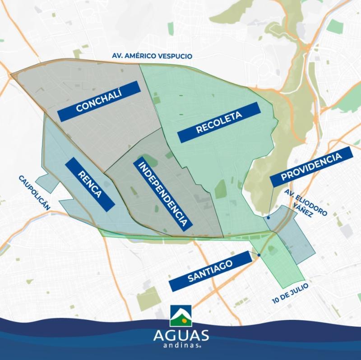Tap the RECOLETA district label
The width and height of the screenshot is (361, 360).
[x=219, y=122]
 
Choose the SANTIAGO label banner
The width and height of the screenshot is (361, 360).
[x=210, y=271]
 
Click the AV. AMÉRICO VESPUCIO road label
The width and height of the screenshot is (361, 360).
[x=152, y=56]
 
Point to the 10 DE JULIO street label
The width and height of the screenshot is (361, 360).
[x=290, y=293]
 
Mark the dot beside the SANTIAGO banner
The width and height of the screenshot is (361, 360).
[x=259, y=255]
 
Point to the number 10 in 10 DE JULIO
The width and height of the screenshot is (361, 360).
[x=275, y=300]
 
